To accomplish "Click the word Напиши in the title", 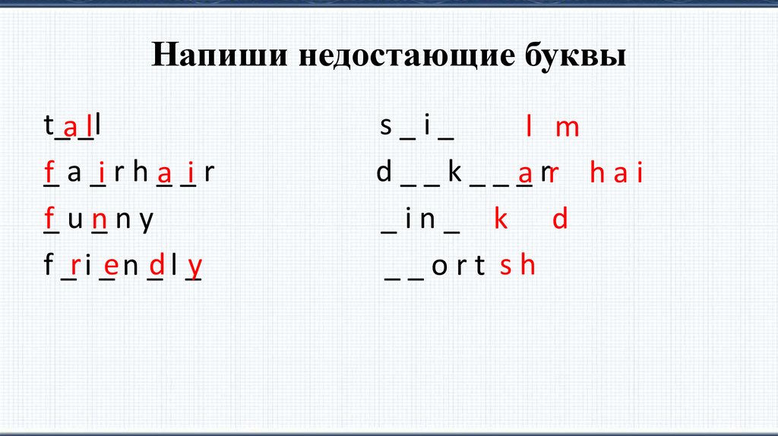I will (x=210, y=56).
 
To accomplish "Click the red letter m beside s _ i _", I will (x=567, y=128).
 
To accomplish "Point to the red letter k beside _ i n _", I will (x=500, y=220).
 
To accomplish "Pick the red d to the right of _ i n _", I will (x=560, y=220).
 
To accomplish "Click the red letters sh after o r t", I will (x=518, y=266).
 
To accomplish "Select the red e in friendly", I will (x=111, y=266).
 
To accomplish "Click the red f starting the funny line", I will (x=49, y=220).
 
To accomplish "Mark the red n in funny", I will (x=100, y=221).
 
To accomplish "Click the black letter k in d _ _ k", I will (x=455, y=173).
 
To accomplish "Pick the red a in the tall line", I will (x=71, y=128).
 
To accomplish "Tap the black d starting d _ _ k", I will (x=384, y=173).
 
